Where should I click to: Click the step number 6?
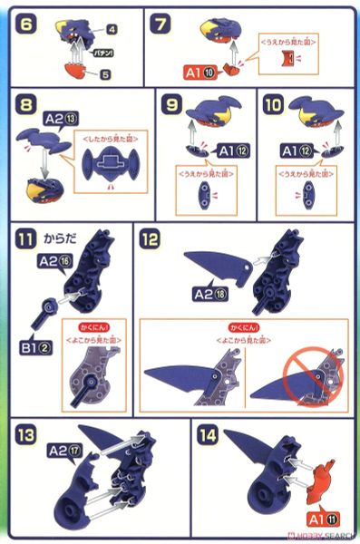click(x=27, y=21)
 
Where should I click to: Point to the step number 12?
click(x=151, y=239)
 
